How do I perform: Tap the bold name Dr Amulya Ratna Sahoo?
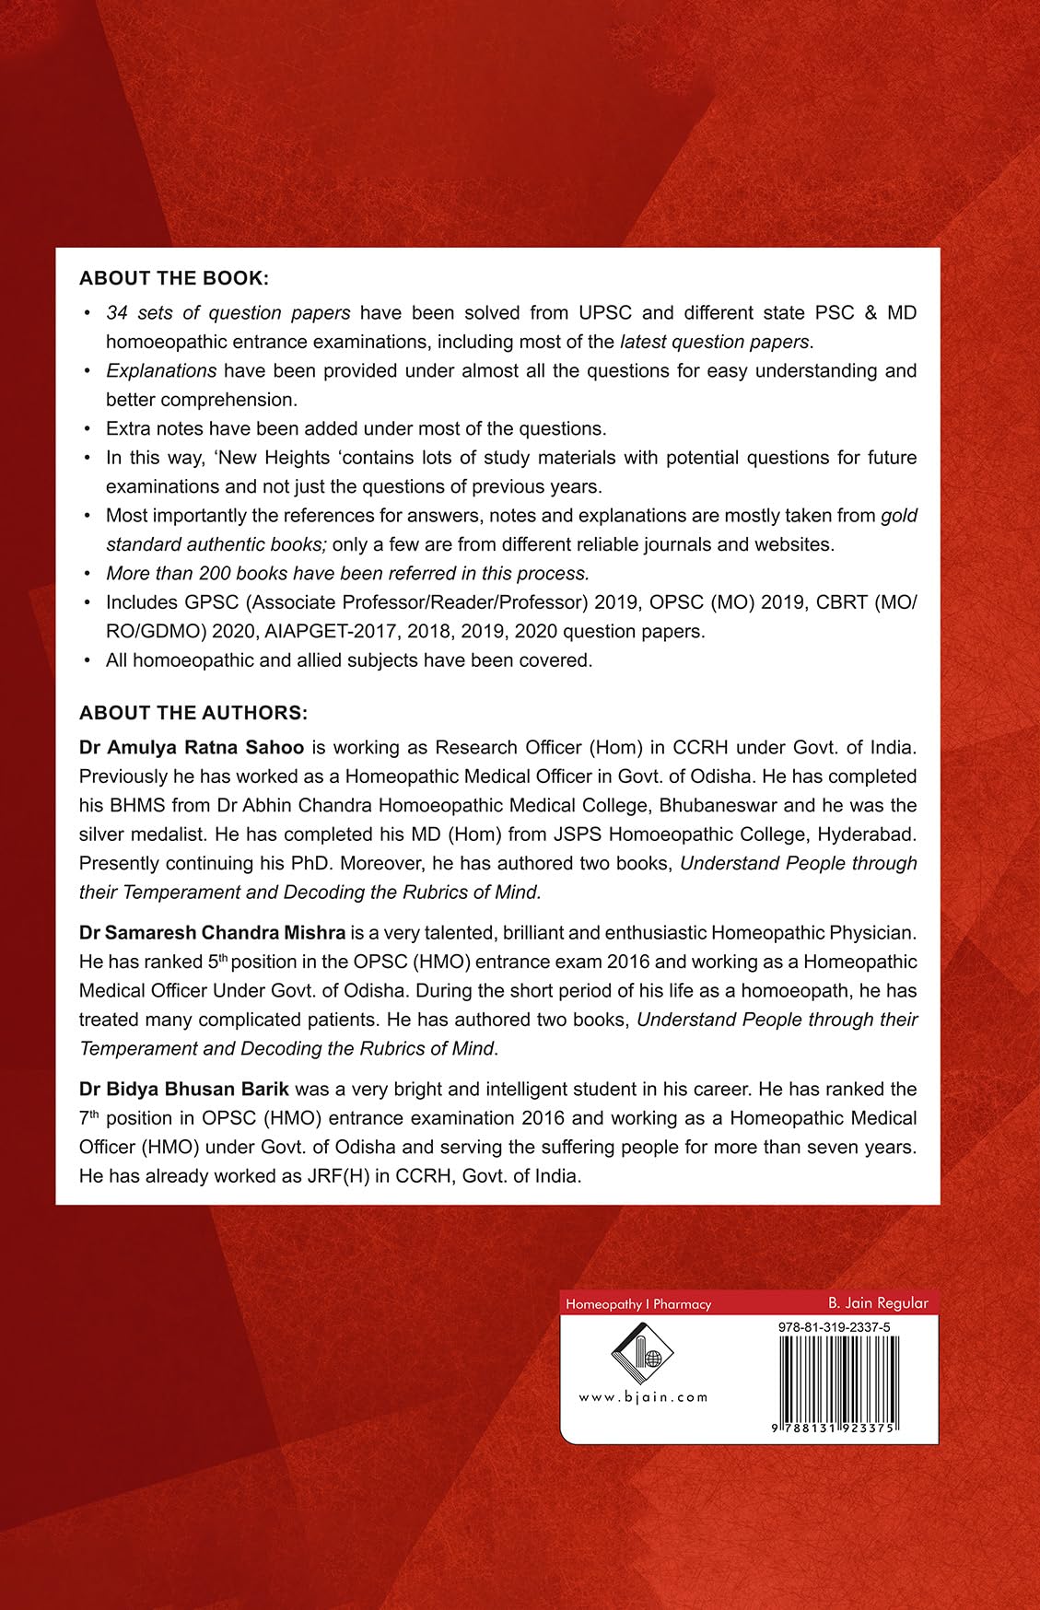[x=192, y=747]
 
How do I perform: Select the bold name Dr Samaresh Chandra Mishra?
[x=212, y=932]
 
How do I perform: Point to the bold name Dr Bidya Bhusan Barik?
[x=184, y=1089]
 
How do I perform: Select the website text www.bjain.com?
[x=643, y=1397]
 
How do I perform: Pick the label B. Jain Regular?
[x=877, y=1302]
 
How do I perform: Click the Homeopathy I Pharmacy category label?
[x=638, y=1304]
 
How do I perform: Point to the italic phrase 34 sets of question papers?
[x=228, y=313]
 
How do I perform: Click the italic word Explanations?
[x=161, y=371]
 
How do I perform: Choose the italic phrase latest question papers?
[x=714, y=342]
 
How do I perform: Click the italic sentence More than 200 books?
[x=347, y=574]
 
